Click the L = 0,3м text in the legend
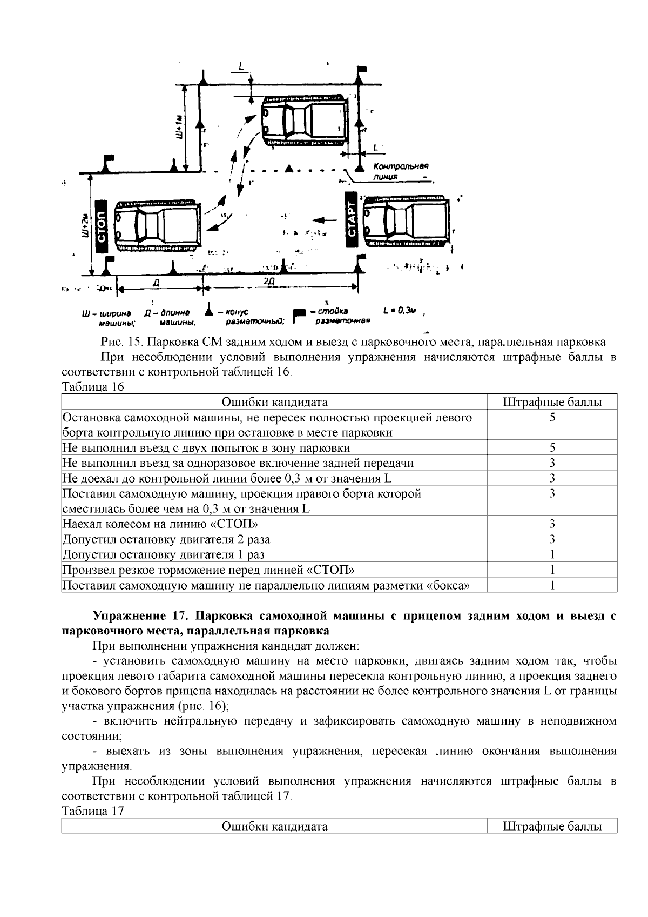399,310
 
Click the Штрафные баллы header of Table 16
551,402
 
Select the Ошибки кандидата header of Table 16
274,402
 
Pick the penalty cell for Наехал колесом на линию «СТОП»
551,523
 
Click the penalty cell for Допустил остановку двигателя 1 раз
551,554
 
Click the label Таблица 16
93,387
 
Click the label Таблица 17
93,811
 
